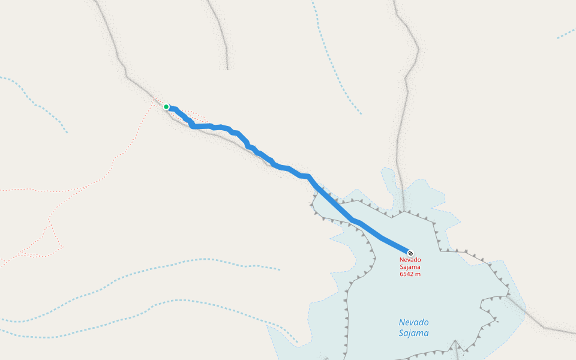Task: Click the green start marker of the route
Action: [166, 107]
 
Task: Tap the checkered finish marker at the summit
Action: [410, 253]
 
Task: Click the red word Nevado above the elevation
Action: [410, 260]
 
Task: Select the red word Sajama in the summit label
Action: [410, 267]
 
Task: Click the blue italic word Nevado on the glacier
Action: [413, 322]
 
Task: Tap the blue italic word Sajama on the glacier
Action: [413, 334]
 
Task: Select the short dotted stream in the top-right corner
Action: [566, 34]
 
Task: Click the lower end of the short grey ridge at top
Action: [227, 67]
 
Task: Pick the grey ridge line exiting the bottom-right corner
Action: [552, 328]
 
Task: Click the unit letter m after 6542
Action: [418, 274]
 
